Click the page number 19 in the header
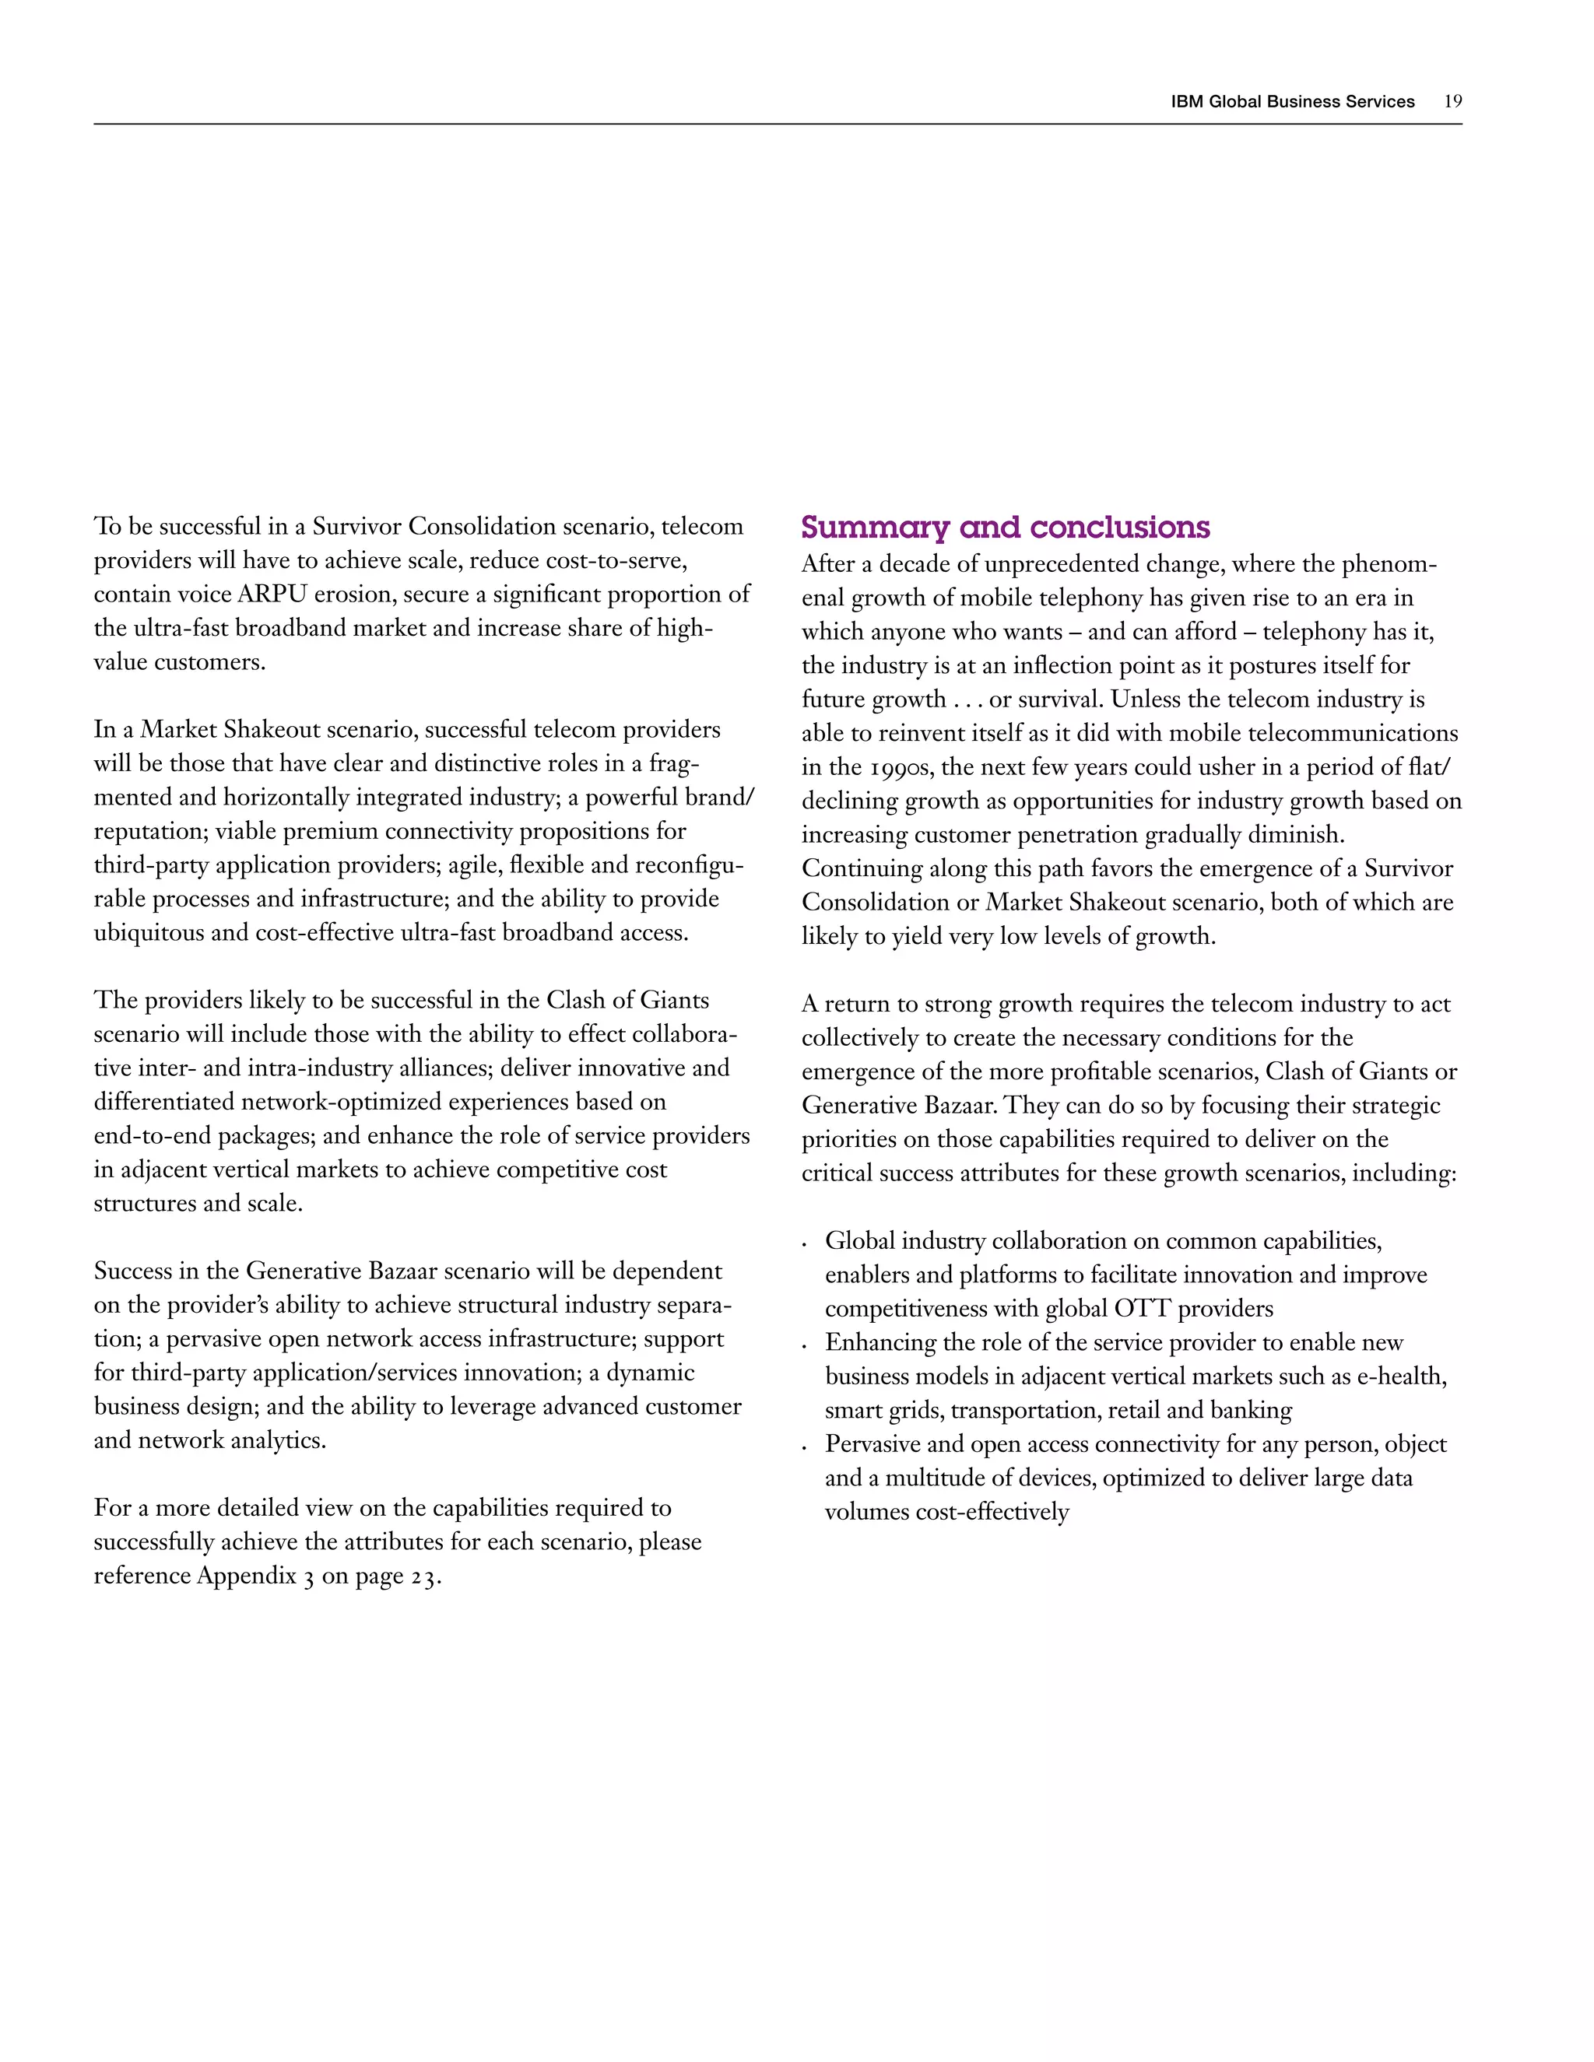click(x=1452, y=102)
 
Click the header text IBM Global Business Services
click(x=1292, y=102)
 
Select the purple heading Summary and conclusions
click(x=1005, y=527)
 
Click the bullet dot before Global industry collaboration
click(x=803, y=1245)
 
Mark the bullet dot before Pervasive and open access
click(x=803, y=1448)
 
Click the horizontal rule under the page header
click(x=778, y=124)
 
